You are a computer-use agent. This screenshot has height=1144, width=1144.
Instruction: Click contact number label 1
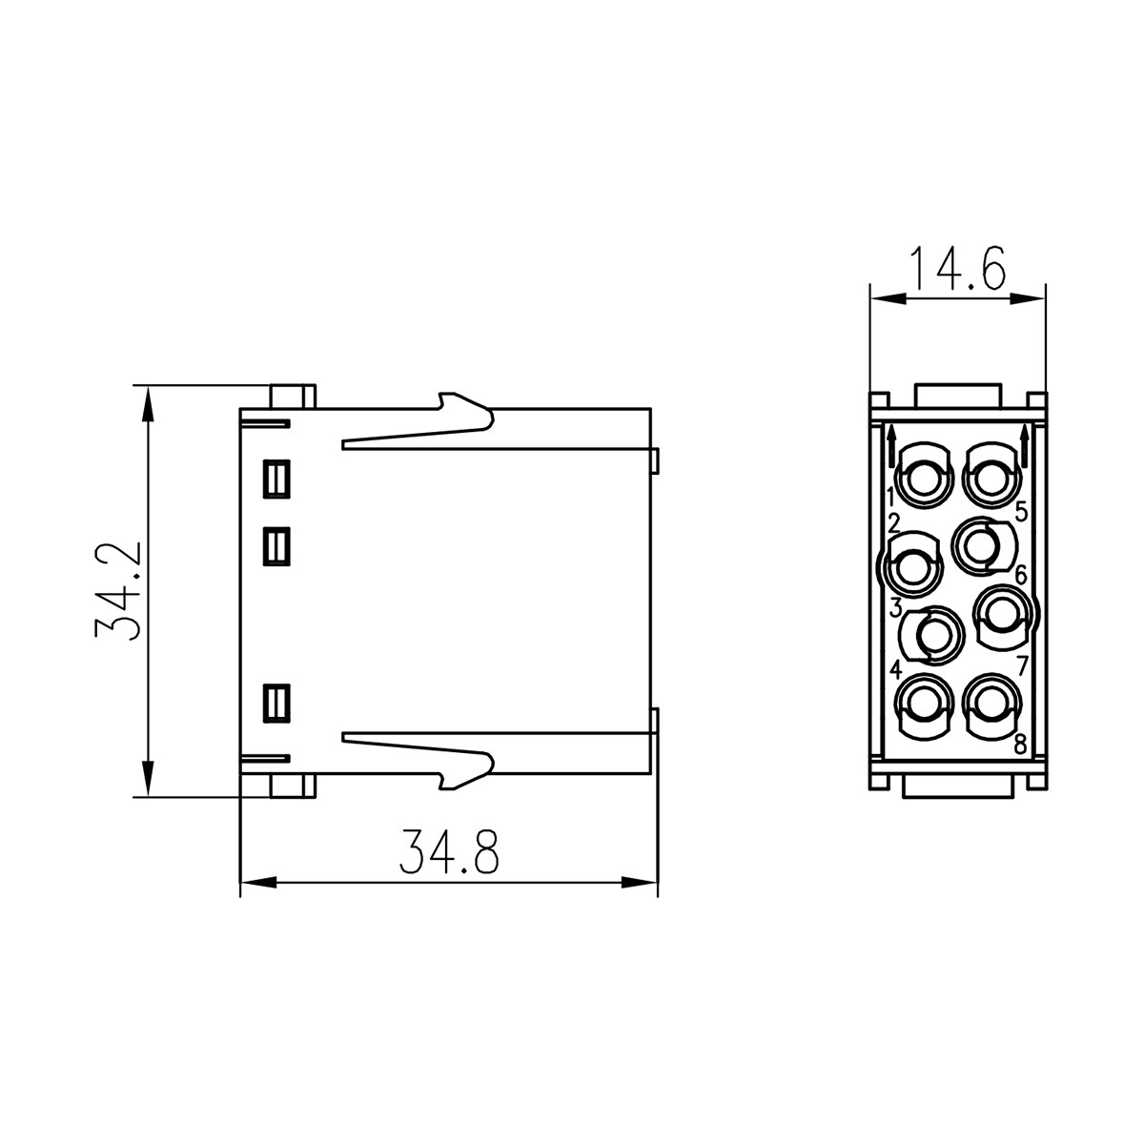(890, 496)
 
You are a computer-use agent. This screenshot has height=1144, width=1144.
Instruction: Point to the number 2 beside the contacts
(894, 522)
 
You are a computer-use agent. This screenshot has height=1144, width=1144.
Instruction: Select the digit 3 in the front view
(896, 607)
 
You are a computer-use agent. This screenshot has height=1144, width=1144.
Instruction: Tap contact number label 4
(896, 669)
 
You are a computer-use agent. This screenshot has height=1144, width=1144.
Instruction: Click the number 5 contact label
(1020, 512)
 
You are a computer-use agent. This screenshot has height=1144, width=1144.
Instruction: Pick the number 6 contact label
(1019, 575)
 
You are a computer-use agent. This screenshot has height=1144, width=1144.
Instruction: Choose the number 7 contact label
(1021, 664)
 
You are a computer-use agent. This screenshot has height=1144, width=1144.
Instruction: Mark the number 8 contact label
(1020, 745)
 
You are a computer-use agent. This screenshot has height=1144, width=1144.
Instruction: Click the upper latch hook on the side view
(467, 411)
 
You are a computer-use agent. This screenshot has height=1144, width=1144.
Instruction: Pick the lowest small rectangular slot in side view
(276, 704)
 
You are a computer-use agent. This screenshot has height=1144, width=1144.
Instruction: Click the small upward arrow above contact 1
(890, 442)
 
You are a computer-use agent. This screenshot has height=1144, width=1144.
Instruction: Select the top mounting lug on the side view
(293, 396)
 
